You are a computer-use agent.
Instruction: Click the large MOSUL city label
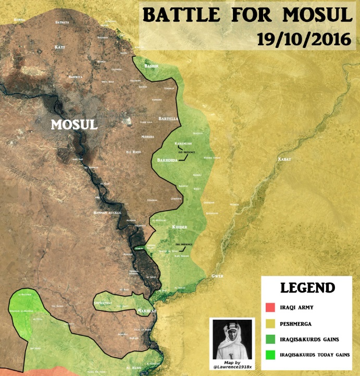(74, 125)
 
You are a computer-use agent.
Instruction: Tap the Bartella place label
(168, 119)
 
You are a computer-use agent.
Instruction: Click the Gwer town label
(217, 275)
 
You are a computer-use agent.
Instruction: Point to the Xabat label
(284, 158)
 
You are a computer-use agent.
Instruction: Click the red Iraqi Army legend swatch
(270, 307)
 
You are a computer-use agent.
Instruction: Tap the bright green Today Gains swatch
(270, 355)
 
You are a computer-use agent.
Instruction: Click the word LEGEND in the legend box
(307, 288)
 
